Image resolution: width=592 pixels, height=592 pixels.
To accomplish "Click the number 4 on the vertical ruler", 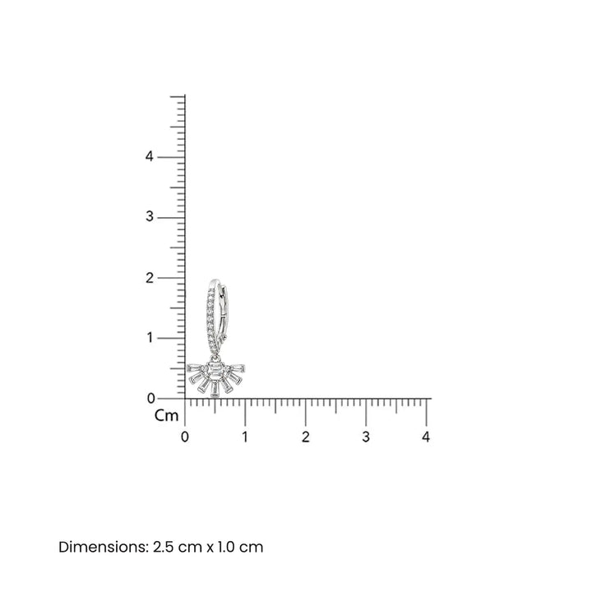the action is (x=150, y=156).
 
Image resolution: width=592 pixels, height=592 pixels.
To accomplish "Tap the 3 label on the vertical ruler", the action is (x=150, y=217).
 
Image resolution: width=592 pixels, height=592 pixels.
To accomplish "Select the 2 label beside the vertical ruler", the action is (x=150, y=278).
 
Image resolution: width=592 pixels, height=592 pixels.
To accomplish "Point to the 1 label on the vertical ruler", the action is (x=150, y=338).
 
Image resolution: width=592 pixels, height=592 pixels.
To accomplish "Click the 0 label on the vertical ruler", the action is (x=151, y=398).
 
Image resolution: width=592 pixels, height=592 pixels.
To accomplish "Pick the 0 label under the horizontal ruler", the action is (x=185, y=437).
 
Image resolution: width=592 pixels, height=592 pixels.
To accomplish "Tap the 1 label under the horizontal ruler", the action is (x=245, y=437).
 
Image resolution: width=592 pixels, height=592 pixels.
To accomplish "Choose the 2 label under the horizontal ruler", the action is (x=305, y=437).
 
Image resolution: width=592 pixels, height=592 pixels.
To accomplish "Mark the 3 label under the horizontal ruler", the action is (x=366, y=437).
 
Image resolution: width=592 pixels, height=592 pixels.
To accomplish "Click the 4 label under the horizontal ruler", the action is (x=426, y=437).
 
